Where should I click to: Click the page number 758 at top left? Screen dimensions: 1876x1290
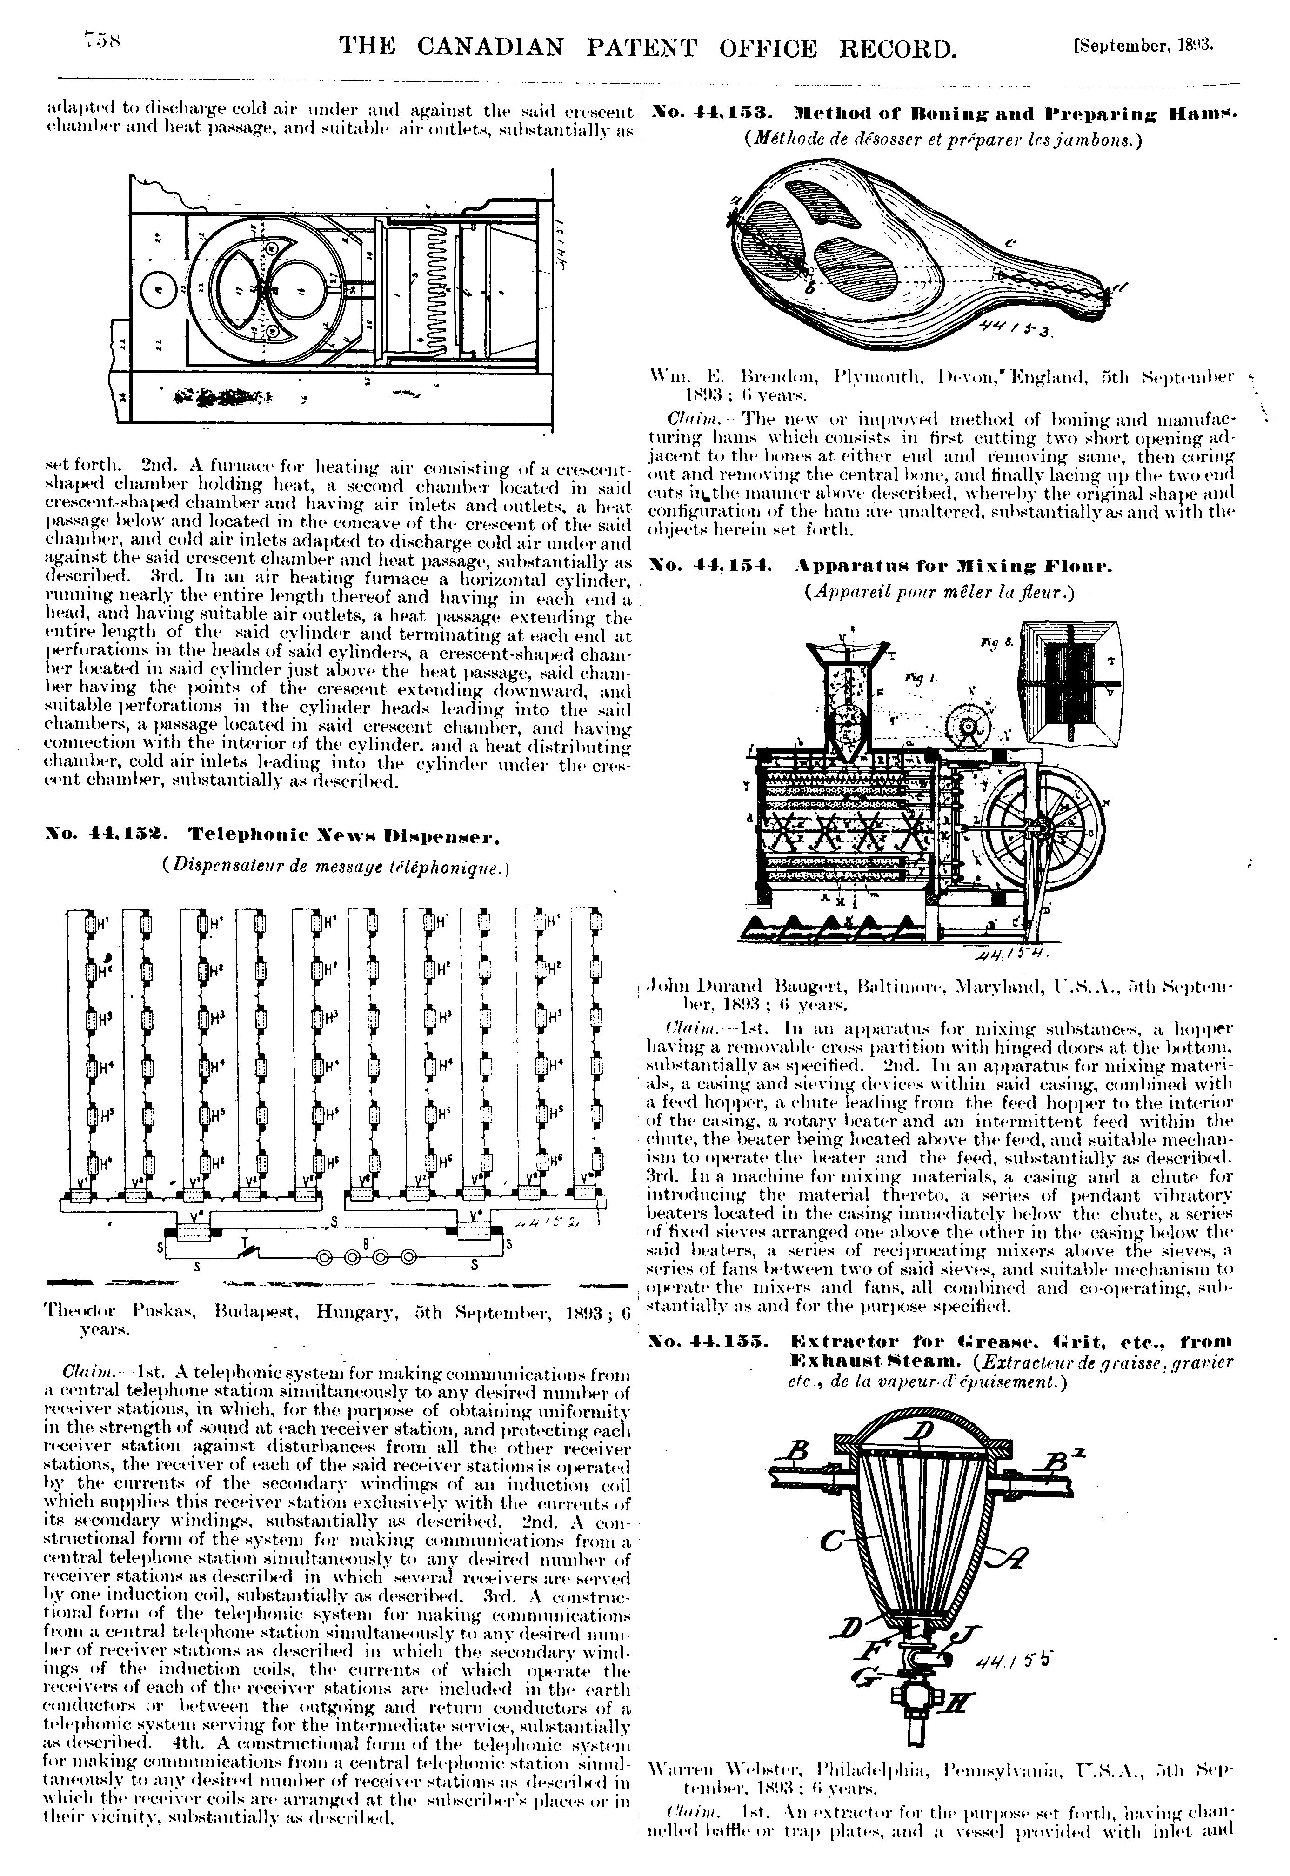(x=103, y=40)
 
